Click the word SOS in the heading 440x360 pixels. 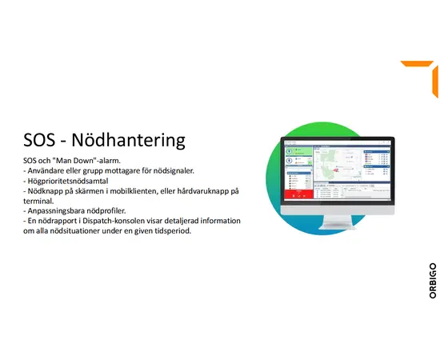click(x=41, y=141)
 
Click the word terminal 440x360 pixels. click(x=41, y=202)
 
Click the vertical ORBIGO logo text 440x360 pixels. click(x=432, y=280)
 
